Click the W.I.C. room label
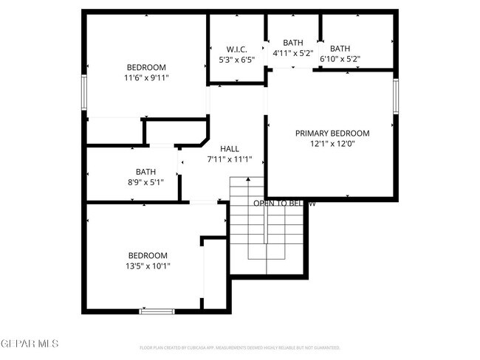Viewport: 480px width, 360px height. click(x=237, y=49)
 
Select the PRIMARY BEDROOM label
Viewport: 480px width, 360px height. click(x=332, y=134)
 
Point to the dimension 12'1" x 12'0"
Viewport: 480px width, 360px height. click(x=332, y=144)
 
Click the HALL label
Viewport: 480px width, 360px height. click(x=230, y=149)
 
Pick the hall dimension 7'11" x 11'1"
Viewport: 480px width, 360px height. click(x=230, y=159)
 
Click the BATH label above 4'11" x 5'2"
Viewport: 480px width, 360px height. click(x=293, y=43)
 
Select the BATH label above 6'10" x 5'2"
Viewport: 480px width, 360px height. click(x=340, y=49)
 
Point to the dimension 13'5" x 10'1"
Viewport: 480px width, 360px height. click(x=148, y=266)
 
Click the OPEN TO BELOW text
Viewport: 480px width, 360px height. click(x=284, y=203)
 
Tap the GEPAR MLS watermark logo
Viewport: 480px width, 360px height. click(x=29, y=345)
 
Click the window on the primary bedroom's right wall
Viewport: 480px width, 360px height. click(x=397, y=96)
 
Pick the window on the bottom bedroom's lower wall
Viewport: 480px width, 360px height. click(x=157, y=311)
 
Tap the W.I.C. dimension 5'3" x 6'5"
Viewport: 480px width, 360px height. click(x=237, y=60)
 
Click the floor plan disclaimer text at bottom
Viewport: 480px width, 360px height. click(x=240, y=347)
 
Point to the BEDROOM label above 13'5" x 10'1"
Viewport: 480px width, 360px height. click(x=148, y=256)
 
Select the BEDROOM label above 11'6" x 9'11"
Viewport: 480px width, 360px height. click(x=146, y=66)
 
